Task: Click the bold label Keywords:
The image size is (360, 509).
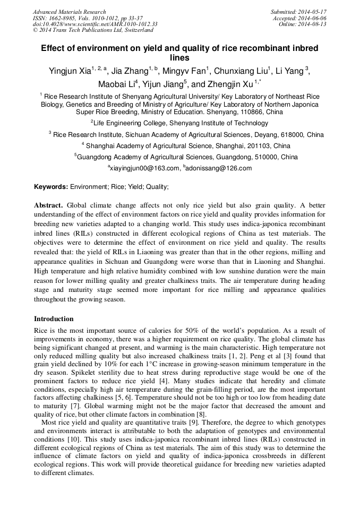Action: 51,187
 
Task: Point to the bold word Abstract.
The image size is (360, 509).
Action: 48,205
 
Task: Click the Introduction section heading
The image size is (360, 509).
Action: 54,319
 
